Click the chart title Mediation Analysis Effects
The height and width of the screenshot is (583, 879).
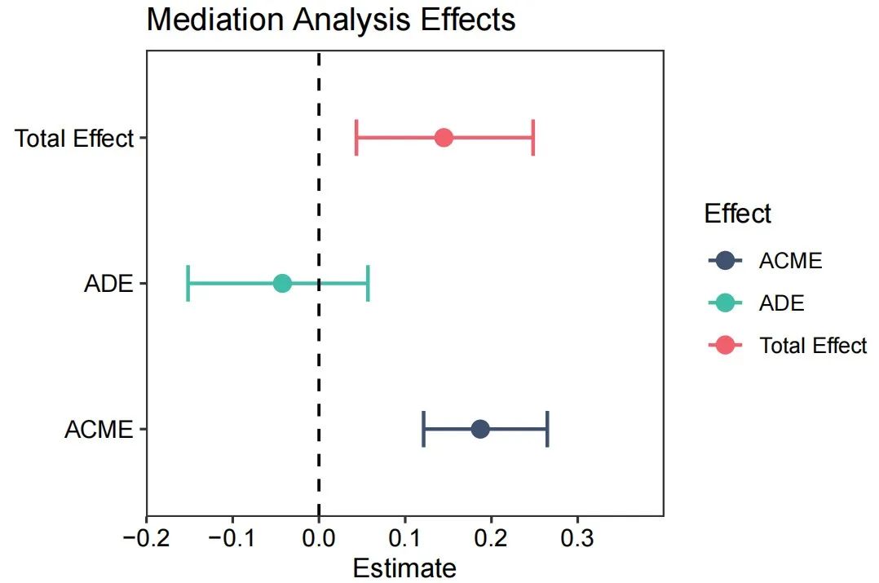pos(330,20)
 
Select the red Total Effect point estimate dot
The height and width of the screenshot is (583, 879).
pos(444,137)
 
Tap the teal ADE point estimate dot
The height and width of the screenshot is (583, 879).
pos(282,283)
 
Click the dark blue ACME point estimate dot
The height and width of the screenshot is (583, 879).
pos(480,429)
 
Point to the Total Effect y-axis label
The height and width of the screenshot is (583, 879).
pos(73,139)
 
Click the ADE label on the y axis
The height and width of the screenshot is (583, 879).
pos(108,285)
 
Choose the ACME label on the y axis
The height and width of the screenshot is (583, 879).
pos(99,430)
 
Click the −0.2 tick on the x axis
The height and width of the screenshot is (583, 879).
pos(147,539)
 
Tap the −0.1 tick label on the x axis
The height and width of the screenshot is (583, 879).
pos(232,539)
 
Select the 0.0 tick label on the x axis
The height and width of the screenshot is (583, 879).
pos(319,539)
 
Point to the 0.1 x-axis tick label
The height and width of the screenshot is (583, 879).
pos(404,539)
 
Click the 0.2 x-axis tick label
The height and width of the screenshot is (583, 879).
pos(491,539)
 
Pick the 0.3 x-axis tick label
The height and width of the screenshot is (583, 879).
pos(577,539)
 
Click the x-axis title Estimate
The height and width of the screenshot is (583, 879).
pos(404,568)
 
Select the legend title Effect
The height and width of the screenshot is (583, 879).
pos(737,214)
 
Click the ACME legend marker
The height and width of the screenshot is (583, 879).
pos(724,261)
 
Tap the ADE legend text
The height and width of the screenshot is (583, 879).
pos(781,303)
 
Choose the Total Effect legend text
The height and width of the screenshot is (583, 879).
pos(812,346)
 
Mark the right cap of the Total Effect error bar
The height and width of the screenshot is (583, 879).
pos(532,137)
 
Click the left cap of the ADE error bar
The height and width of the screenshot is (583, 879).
pos(188,283)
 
